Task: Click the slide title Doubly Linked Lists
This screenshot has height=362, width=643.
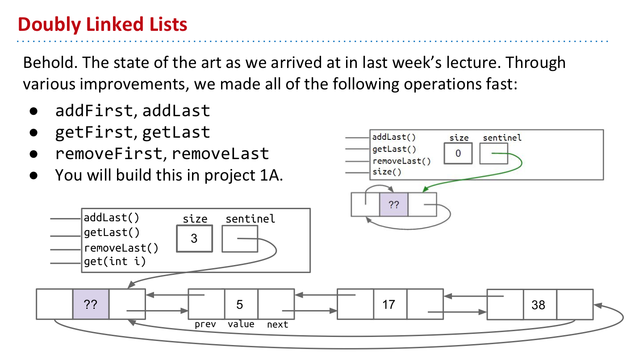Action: pos(103,24)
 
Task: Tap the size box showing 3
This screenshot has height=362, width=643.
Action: pos(194,238)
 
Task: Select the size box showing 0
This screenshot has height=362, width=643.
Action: pos(458,153)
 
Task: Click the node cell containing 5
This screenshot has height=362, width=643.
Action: pos(241,304)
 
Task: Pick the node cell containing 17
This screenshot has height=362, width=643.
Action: pos(389,304)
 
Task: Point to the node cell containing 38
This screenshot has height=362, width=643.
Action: pos(539,305)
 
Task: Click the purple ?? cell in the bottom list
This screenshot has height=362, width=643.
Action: pos(91,304)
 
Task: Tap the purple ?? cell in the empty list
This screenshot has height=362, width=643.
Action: pos(393,205)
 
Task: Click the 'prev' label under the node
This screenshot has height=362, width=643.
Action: pos(205,324)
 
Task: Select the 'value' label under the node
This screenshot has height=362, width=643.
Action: pos(241,324)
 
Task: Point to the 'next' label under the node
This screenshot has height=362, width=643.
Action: pos(277,324)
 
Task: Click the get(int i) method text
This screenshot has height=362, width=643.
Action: pos(115,261)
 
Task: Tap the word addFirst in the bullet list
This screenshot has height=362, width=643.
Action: pos(94,110)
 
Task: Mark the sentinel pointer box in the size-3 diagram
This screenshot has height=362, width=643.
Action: pos(240,238)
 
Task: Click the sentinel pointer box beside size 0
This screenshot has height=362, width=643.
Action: pos(493,153)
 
